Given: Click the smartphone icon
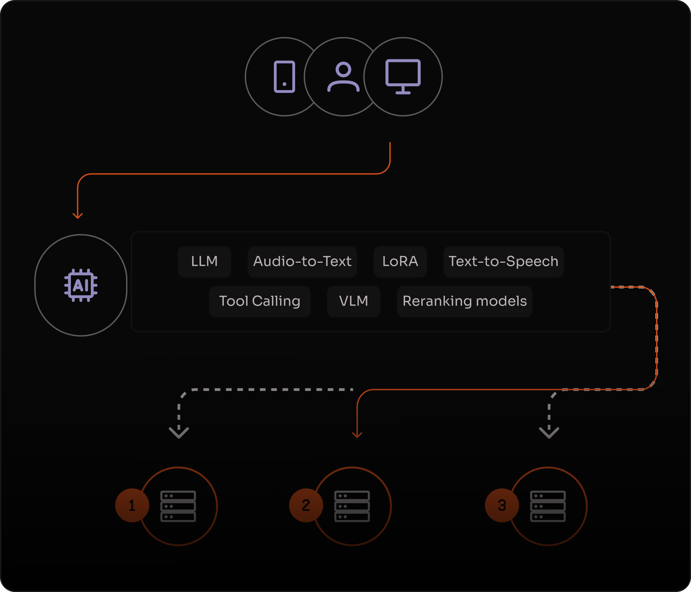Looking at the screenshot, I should point(284,77).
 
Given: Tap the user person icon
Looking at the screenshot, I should point(343,77).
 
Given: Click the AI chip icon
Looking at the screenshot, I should point(81,285).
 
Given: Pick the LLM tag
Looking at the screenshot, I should point(204,261).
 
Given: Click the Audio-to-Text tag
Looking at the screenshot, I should point(302,261).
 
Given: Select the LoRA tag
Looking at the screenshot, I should point(400,261).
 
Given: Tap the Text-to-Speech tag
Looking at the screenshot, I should point(503,261).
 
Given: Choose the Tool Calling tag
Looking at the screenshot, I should point(259,301).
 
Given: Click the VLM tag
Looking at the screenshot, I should point(353,301).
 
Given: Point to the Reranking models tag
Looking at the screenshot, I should point(464,301).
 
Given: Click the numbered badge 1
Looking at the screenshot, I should point(132,505).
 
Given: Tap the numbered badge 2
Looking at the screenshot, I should point(306,505).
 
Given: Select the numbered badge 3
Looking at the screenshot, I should point(502,505).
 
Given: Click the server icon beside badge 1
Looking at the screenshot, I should point(178,506).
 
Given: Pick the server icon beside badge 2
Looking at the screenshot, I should point(352,506).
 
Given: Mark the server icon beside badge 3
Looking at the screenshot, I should point(548,506).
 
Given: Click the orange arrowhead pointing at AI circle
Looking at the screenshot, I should point(78,215).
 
